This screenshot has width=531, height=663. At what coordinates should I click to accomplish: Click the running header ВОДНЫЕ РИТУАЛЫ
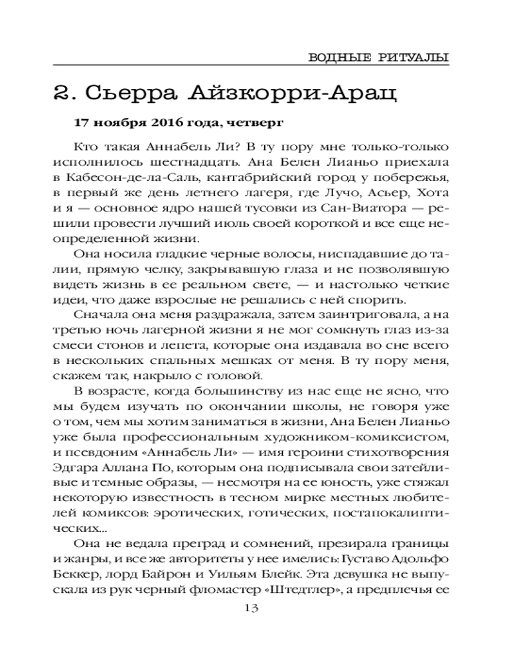[379, 56]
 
